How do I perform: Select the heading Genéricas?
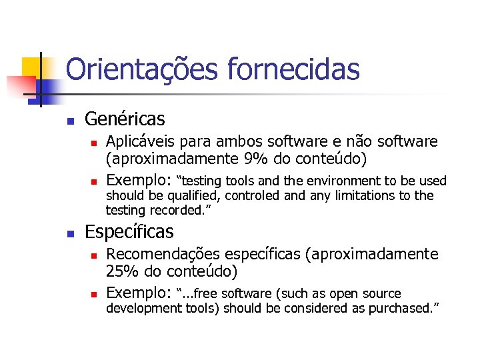pyautogui.click(x=125, y=119)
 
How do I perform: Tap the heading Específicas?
pyautogui.click(x=129, y=232)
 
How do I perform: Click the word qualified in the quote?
pyautogui.click(x=185, y=195)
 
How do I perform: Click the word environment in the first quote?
pyautogui.click(x=347, y=181)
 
